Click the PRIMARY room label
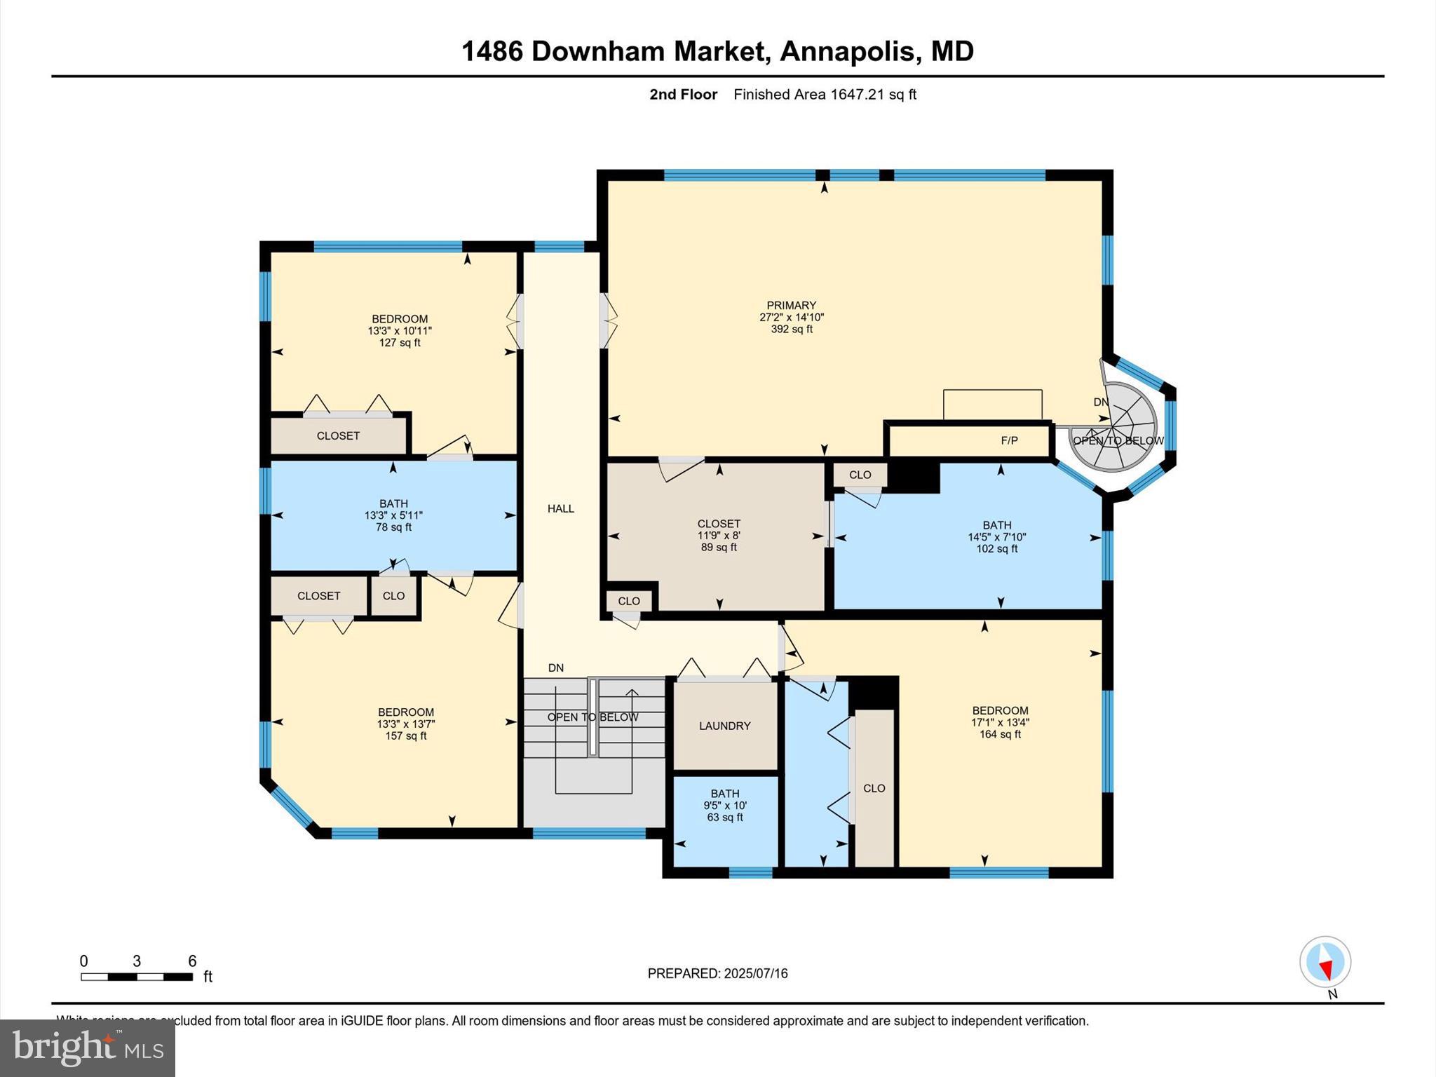791,305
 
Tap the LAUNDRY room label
724,726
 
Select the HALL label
560,508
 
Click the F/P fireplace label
1008,440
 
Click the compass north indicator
1325,963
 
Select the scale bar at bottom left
137,976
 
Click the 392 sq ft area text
791,329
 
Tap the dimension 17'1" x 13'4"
1000,722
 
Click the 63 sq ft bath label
724,818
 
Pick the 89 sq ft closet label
719,548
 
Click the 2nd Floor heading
683,95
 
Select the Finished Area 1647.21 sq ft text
825,95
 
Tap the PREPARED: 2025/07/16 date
717,973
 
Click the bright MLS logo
88,1048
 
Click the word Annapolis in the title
847,51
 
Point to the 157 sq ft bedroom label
405,736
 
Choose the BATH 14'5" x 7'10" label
996,536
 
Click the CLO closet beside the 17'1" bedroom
874,788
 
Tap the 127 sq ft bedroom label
400,343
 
